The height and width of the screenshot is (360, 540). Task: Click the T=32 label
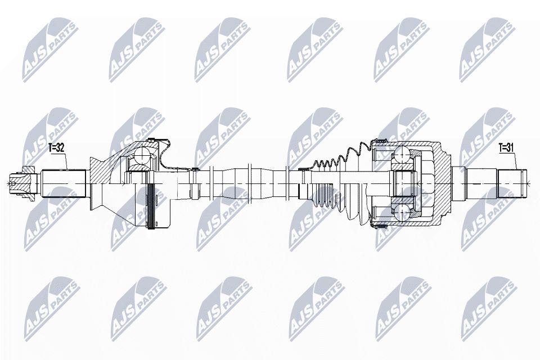click(56, 148)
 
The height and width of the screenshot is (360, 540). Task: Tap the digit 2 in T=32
click(62, 148)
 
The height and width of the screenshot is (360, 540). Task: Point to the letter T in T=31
click(500, 148)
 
